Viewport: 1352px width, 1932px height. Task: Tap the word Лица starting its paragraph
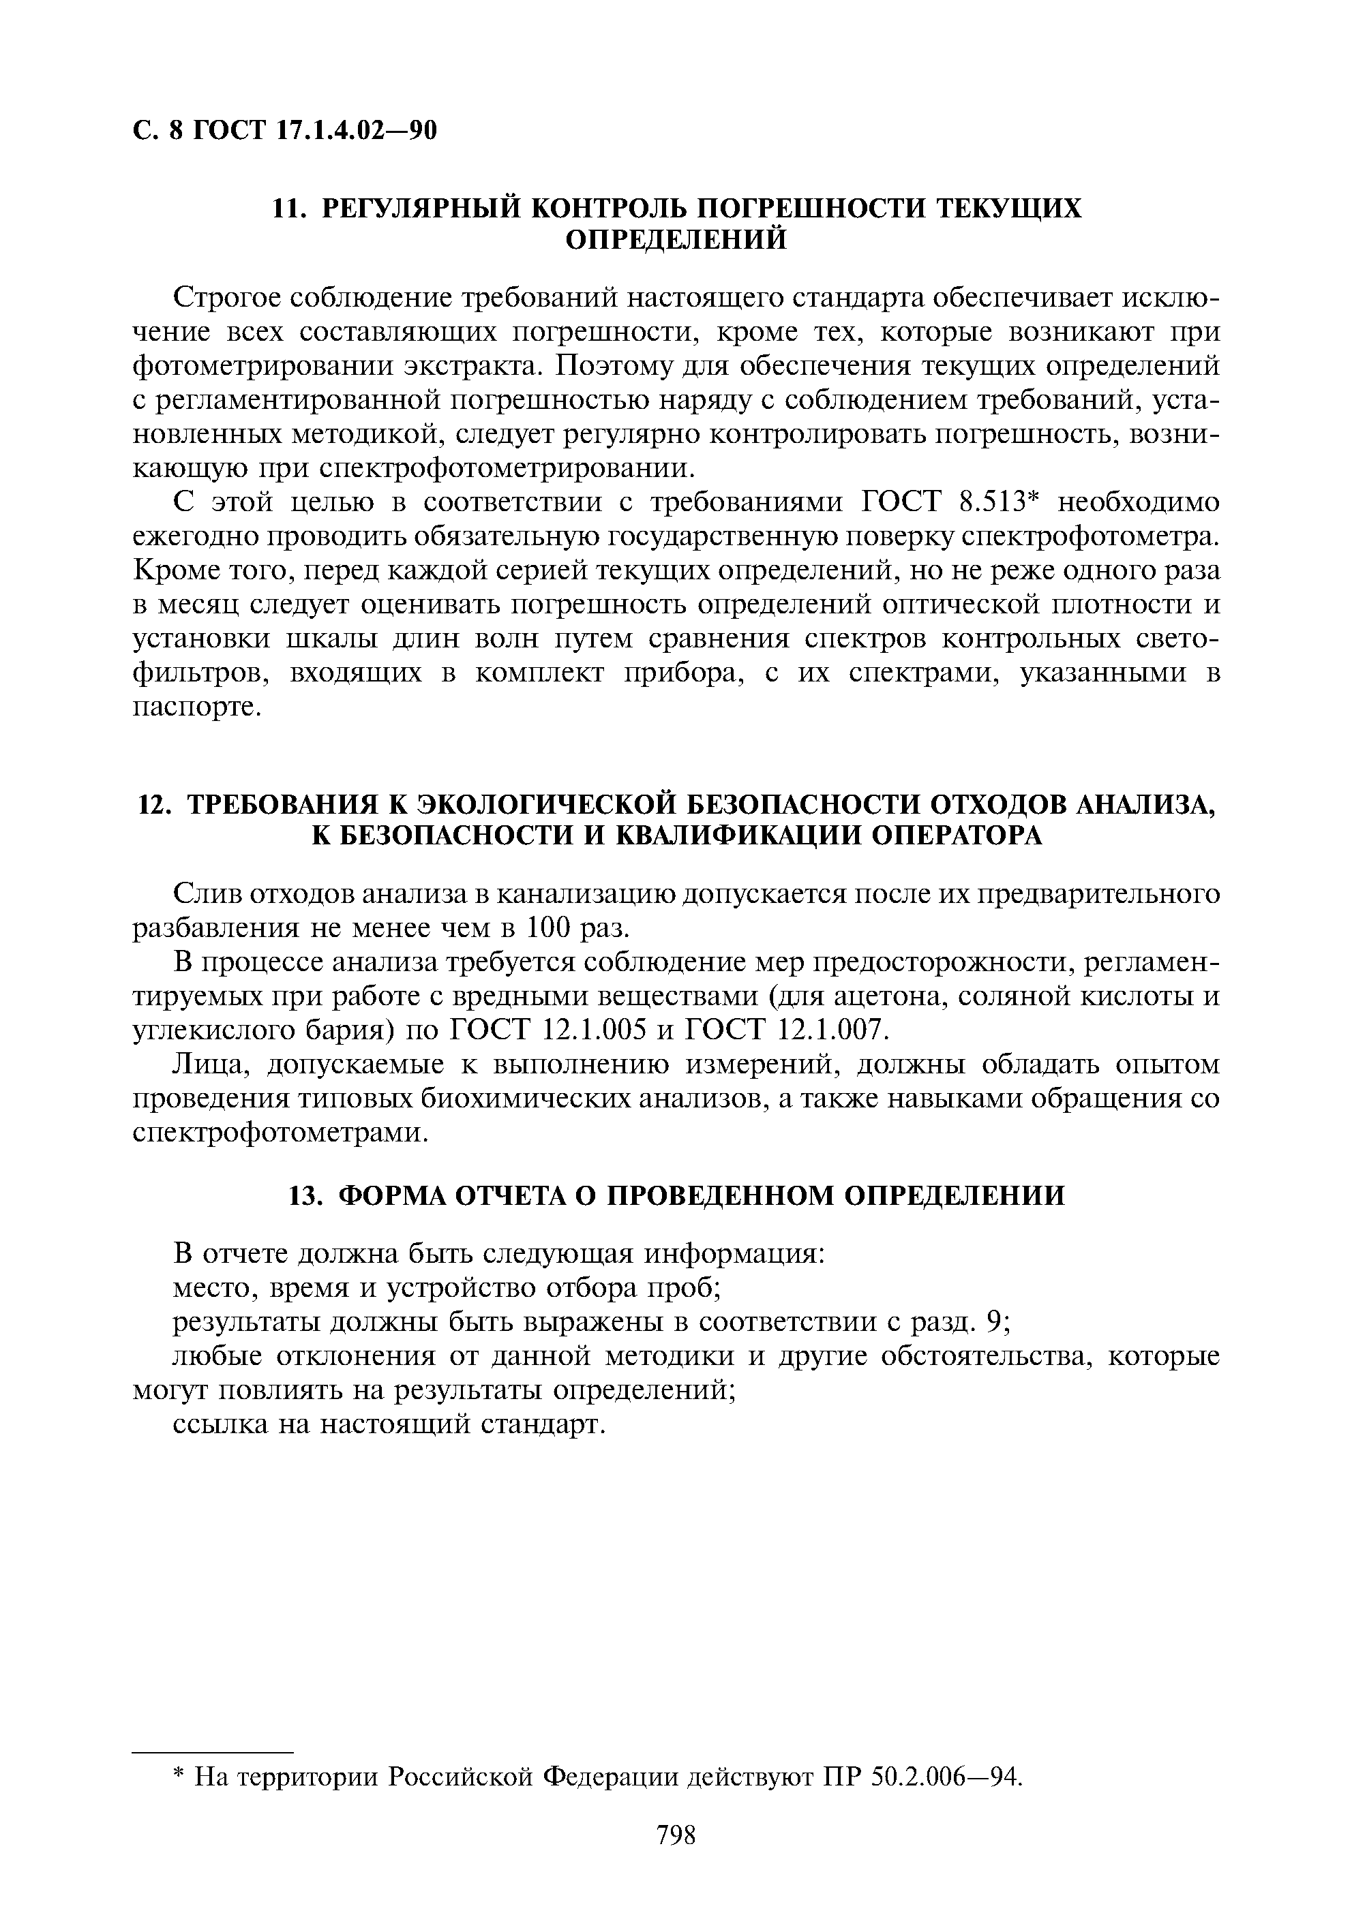pos(207,1065)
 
